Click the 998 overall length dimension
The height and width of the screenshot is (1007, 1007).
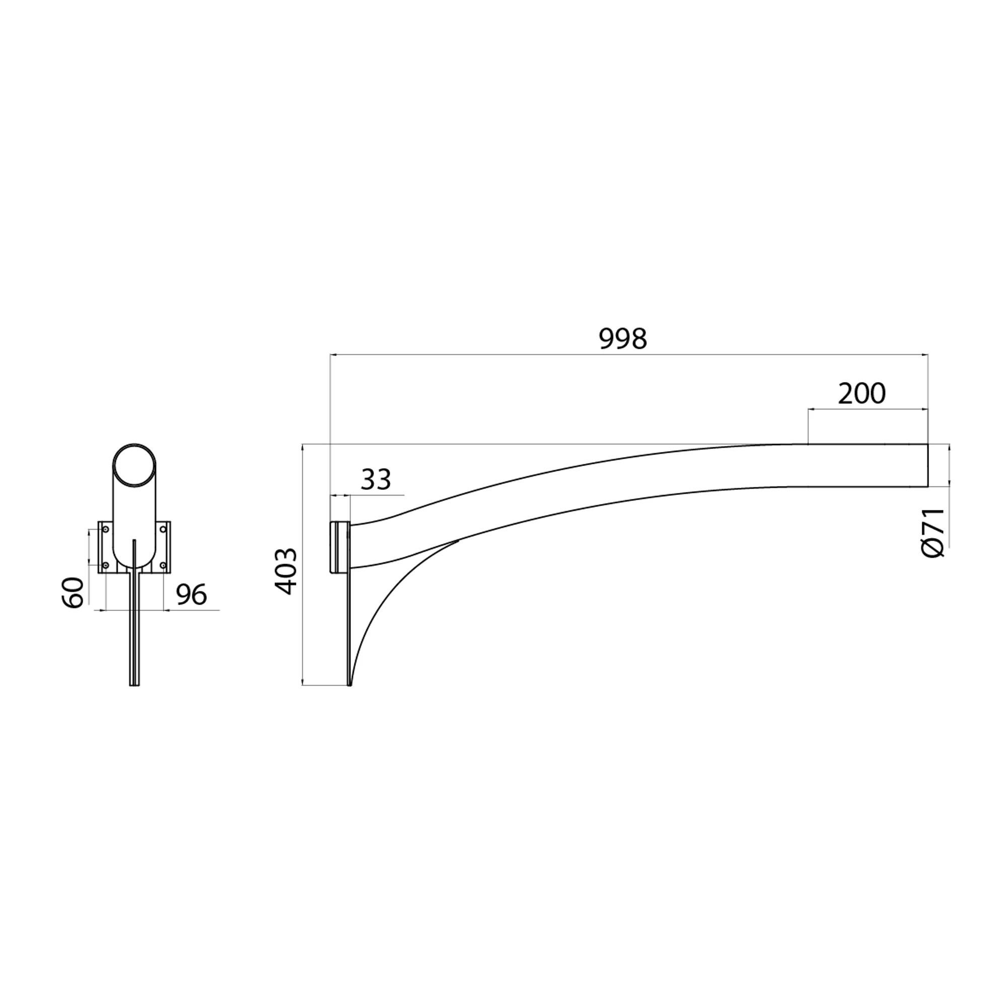pyautogui.click(x=623, y=339)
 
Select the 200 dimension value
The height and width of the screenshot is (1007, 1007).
pyautogui.click(x=861, y=394)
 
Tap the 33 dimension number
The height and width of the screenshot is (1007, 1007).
pyautogui.click(x=376, y=480)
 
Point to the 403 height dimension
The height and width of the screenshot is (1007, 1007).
pyautogui.click(x=285, y=571)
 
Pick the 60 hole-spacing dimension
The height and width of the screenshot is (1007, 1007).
pyautogui.click(x=74, y=593)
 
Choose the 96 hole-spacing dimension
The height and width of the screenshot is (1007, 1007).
pyautogui.click(x=191, y=595)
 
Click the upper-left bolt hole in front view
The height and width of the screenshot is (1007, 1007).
pyautogui.click(x=106, y=530)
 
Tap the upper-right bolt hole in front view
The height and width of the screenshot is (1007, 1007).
pyautogui.click(x=163, y=530)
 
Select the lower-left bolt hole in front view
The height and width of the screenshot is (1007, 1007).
pyautogui.click(x=106, y=565)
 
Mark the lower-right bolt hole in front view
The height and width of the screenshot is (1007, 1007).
pyautogui.click(x=163, y=565)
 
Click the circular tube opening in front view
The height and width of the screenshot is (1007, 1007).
pyautogui.click(x=134, y=465)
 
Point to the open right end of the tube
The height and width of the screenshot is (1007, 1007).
pyautogui.click(x=928, y=465)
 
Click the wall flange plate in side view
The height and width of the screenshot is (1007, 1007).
pyautogui.click(x=339, y=547)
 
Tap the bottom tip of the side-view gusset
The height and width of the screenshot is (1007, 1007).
pyautogui.click(x=350, y=684)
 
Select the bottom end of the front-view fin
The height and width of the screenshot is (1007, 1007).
pyautogui.click(x=134, y=685)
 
